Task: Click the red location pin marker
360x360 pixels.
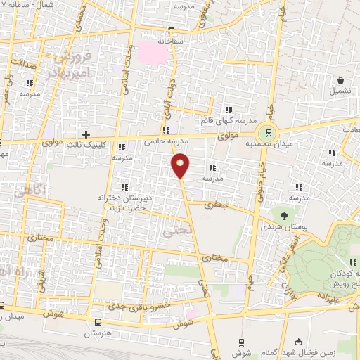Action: tap(181, 165)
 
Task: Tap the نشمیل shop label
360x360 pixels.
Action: tap(341, 91)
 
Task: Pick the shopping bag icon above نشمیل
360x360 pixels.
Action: tap(340, 80)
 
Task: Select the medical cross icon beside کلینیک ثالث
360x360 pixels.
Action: tap(86, 134)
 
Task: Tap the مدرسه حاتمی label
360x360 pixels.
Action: tap(162, 141)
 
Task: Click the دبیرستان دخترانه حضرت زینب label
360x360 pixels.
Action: tap(124, 204)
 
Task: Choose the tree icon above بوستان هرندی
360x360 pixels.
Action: tap(284, 216)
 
